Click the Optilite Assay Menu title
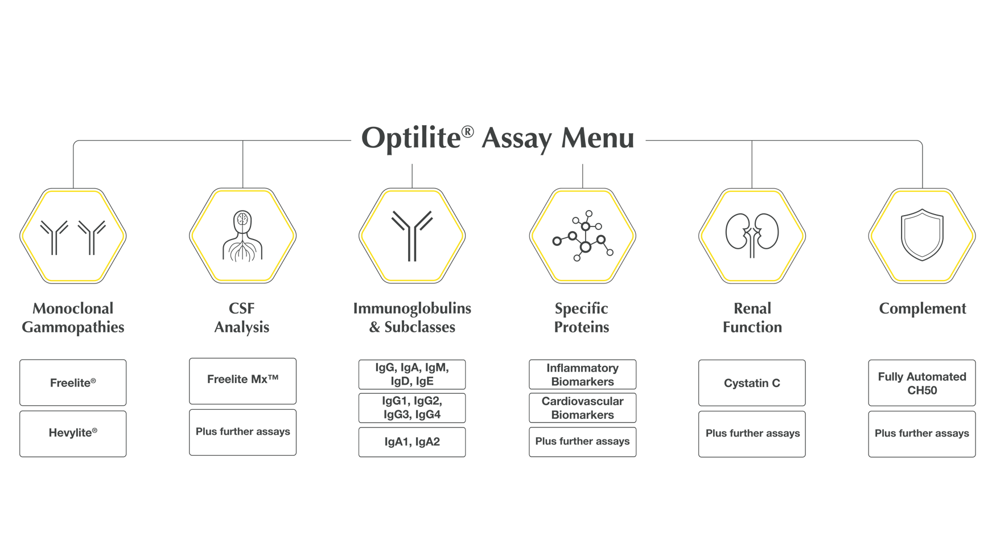(497, 139)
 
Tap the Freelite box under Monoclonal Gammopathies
(73, 382)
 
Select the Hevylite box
(73, 434)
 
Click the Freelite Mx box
(242, 380)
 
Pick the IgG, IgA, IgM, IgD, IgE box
(412, 374)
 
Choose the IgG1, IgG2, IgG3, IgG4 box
(412, 408)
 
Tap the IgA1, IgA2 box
(412, 442)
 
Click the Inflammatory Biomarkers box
(582, 374)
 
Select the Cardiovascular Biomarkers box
(582, 408)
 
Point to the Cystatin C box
(752, 382)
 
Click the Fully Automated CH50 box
(921, 382)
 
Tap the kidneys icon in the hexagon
(752, 235)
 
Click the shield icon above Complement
(921, 235)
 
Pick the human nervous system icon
(242, 236)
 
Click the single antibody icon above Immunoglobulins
(412, 236)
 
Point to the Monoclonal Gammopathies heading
(73, 318)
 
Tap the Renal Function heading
(752, 318)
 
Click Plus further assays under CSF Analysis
(242, 433)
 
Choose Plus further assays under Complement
(921, 434)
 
